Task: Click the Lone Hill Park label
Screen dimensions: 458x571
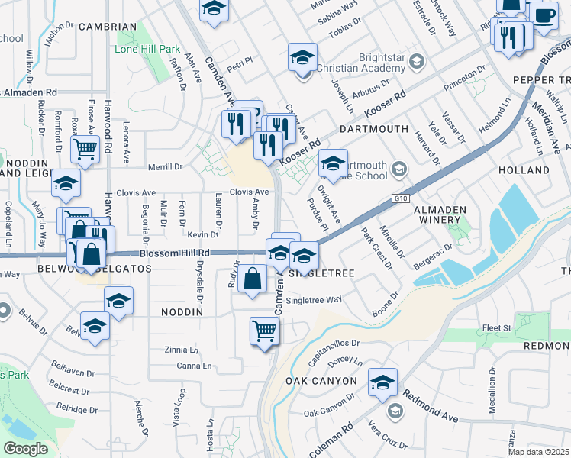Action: click(147, 49)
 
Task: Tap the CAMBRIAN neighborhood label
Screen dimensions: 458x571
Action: click(106, 27)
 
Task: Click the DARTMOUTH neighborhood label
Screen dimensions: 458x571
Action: click(374, 129)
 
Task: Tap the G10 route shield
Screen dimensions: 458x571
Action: click(402, 198)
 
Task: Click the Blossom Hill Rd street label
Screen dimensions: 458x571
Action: click(174, 253)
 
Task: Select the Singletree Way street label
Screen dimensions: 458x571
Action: click(315, 299)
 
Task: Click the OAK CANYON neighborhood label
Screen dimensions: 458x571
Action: click(321, 380)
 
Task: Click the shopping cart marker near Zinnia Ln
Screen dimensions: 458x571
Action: click(264, 331)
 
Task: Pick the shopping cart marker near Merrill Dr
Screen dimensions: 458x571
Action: click(85, 149)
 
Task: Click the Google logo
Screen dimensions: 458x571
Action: click(25, 449)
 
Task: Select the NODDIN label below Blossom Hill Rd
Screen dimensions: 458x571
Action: click(182, 312)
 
